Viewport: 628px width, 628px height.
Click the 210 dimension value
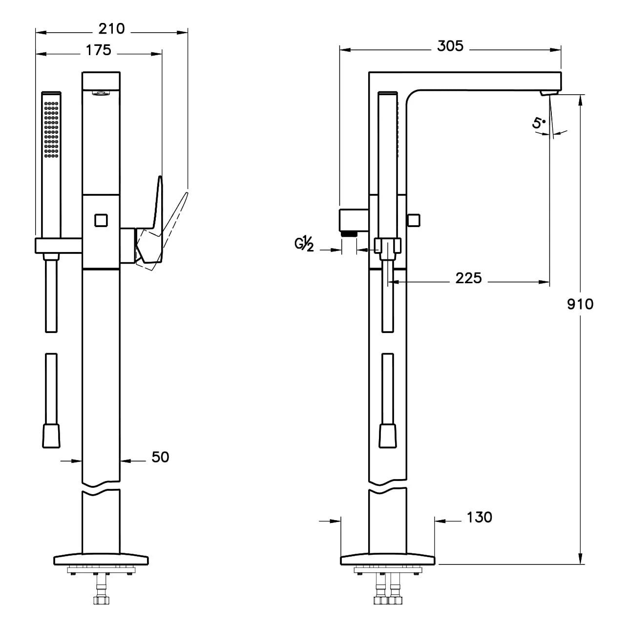pos(112,29)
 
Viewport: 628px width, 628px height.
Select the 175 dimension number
pos(99,50)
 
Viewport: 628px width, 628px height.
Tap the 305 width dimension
pos(450,46)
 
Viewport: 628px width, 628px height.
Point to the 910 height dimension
pos(580,304)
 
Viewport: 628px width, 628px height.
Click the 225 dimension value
pos(468,278)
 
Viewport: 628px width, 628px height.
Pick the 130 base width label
pos(479,517)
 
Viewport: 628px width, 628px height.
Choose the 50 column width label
pos(160,457)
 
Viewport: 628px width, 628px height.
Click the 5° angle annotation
pos(538,123)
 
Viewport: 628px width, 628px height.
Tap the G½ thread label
pos(304,243)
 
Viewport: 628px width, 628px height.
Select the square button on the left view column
pos(101,220)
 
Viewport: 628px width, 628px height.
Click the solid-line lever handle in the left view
pos(152,220)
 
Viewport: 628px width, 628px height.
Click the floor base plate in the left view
pos(101,559)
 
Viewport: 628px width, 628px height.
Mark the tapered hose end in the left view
pos(51,435)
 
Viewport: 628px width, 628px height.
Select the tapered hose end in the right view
pos(387,435)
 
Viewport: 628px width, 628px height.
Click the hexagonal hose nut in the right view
pos(387,245)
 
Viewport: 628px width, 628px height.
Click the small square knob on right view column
pos(414,220)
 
